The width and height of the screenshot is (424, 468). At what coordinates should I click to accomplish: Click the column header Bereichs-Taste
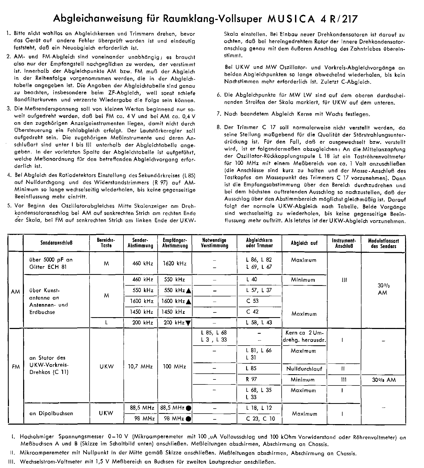pos(106,243)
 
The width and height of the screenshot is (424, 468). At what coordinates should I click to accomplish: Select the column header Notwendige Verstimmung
pos(214,243)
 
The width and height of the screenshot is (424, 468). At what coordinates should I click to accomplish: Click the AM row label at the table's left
pos(15,292)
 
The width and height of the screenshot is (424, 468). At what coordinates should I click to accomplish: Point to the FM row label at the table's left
pos(16,367)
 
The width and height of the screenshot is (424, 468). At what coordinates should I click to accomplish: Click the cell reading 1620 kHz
pos(175,263)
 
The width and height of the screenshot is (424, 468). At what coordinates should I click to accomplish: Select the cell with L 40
pos(251,279)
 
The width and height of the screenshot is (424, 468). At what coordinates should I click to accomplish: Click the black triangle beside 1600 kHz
pos(188,302)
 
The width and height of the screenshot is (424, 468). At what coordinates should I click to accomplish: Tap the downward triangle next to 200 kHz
pos(188,323)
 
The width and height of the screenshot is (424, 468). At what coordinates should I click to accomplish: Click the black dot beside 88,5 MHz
pos(188,408)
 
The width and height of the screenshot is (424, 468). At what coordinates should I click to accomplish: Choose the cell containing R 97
pos(251,379)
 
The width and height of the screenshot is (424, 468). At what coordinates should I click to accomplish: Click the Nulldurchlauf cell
pos(304,369)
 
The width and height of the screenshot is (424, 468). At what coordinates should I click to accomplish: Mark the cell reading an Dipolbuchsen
pos(51,413)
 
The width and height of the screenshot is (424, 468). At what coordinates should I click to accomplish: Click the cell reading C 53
pos(252,301)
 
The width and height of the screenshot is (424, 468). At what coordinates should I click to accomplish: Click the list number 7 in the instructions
pos(219,114)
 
